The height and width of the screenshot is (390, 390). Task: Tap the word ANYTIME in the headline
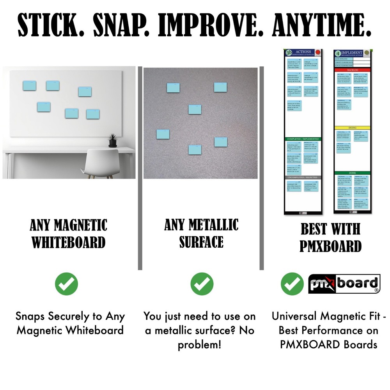(x=321, y=26)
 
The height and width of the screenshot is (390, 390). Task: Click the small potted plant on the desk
(x=113, y=140)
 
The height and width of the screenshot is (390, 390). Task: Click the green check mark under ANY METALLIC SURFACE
(x=202, y=284)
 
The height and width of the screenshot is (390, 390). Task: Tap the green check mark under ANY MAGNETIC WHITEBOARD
(x=66, y=284)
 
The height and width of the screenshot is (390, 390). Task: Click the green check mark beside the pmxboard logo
(x=292, y=284)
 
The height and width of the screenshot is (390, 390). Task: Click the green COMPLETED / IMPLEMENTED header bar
(x=303, y=139)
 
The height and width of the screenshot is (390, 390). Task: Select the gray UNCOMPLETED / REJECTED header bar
(x=303, y=178)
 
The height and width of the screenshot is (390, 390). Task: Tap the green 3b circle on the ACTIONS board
(x=289, y=53)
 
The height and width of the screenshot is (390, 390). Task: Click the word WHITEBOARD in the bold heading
(x=69, y=242)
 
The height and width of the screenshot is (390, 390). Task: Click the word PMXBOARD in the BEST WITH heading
(x=331, y=246)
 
